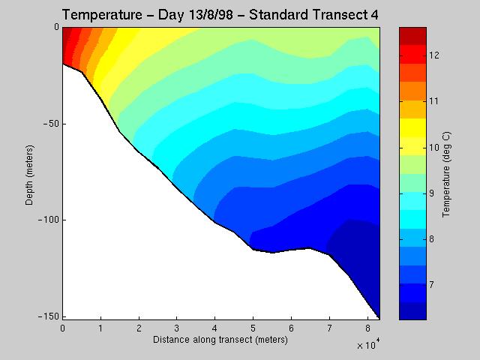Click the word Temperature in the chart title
(102, 15)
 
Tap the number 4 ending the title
(374, 15)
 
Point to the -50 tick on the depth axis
(50, 124)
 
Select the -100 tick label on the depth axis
(48, 220)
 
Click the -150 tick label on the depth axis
(48, 316)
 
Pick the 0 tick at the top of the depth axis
(57, 27)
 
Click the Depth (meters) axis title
(29, 175)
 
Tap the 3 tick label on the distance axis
(177, 328)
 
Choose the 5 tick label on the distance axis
(253, 328)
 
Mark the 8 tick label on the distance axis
(367, 328)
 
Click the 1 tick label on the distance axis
(100, 328)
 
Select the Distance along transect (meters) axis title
(220, 340)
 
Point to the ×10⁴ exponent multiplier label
(368, 344)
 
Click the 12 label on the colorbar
(433, 55)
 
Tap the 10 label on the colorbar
(433, 148)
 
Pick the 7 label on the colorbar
(431, 285)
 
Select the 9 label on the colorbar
(431, 193)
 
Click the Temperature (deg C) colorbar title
(447, 175)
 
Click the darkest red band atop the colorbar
(412, 36)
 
